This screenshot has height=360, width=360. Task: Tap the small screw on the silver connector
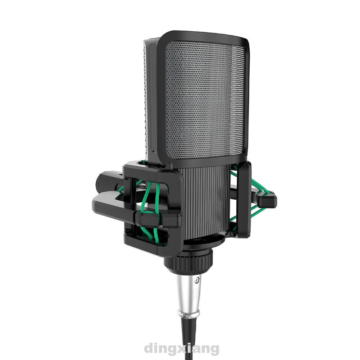[196, 280]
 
